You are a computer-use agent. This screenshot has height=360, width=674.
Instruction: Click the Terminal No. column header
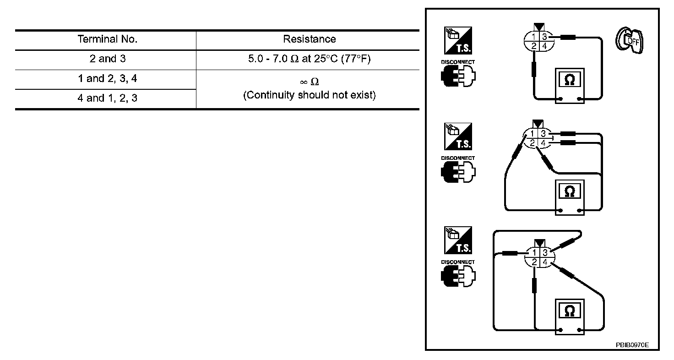point(108,39)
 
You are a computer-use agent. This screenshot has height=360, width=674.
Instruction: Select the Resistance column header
point(309,39)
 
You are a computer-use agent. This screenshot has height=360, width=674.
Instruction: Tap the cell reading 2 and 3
point(108,59)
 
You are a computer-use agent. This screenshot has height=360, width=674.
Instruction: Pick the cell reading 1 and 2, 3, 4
point(108,79)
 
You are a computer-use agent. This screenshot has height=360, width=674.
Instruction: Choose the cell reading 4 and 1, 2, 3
point(108,98)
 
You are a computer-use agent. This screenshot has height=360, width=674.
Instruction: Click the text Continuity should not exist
point(309,95)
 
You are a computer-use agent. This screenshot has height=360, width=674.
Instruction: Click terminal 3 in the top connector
point(544,37)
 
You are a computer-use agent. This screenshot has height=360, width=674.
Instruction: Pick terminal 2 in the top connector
point(534,46)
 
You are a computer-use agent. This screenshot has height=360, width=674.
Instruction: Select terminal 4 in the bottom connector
point(545,262)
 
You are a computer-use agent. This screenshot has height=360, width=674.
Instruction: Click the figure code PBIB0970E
point(632,345)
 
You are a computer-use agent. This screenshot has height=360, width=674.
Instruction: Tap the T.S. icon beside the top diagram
point(458,41)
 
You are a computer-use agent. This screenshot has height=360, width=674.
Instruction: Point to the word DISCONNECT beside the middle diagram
point(458,158)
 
